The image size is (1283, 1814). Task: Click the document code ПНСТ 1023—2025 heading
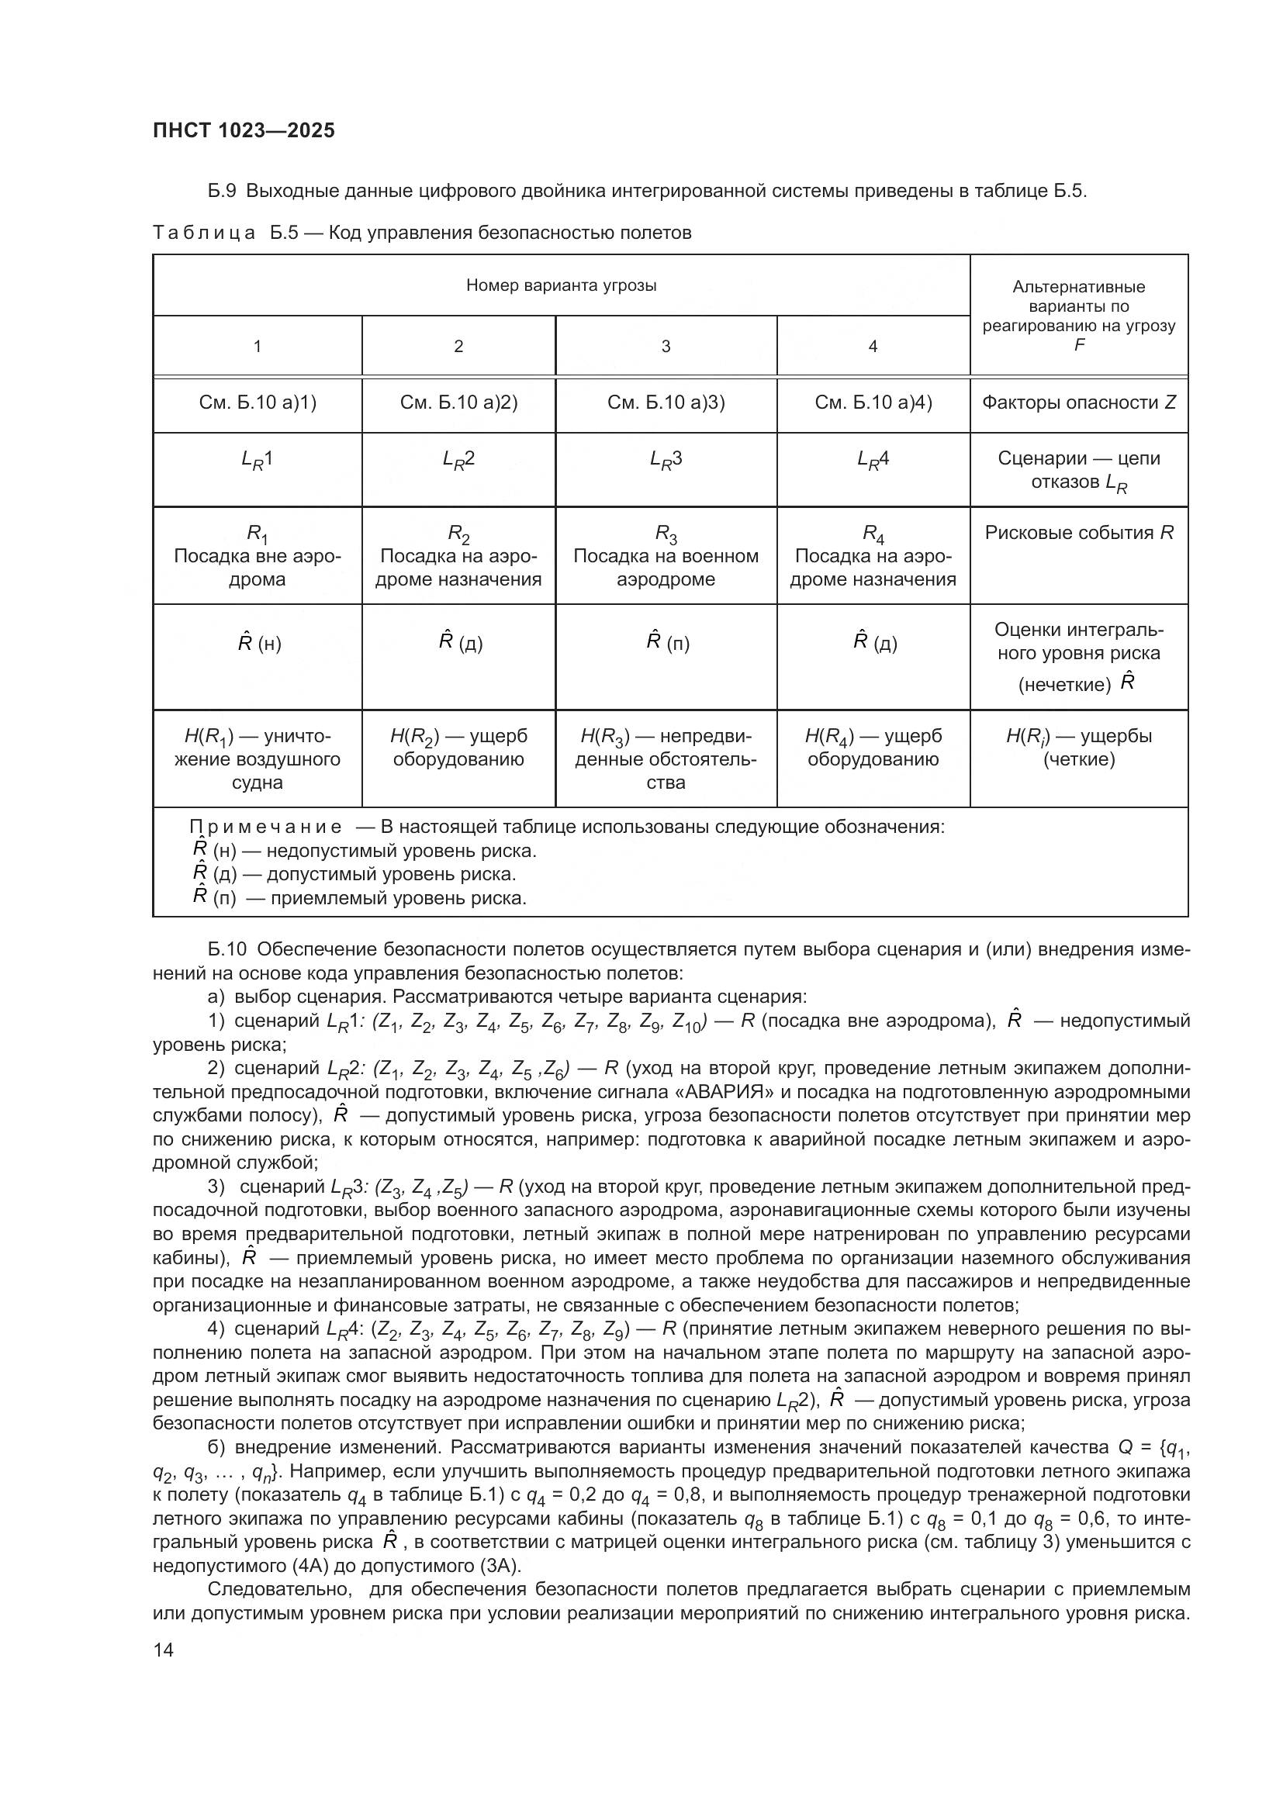pyautogui.click(x=244, y=130)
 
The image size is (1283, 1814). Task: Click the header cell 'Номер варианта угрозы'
pyautogui.click(x=561, y=285)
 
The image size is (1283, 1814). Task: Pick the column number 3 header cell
pyautogui.click(x=666, y=346)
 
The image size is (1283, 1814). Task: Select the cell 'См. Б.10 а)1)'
pyautogui.click(x=257, y=403)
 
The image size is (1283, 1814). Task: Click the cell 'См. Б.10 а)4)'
pyautogui.click(x=873, y=403)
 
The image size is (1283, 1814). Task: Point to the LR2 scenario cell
pyautogui.click(x=458, y=460)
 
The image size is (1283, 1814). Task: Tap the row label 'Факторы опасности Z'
pyautogui.click(x=1078, y=403)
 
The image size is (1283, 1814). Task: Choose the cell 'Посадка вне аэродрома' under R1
pyautogui.click(x=257, y=567)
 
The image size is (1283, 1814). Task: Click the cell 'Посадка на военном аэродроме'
pyautogui.click(x=666, y=567)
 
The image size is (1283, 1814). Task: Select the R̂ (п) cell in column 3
pyautogui.click(x=667, y=642)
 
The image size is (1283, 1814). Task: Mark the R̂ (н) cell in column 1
pyautogui.click(x=258, y=642)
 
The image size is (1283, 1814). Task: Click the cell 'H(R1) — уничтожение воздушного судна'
pyautogui.click(x=257, y=759)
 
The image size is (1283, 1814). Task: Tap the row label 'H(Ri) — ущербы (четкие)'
pyautogui.click(x=1078, y=748)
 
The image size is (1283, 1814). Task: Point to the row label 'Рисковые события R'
pyautogui.click(x=1078, y=533)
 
